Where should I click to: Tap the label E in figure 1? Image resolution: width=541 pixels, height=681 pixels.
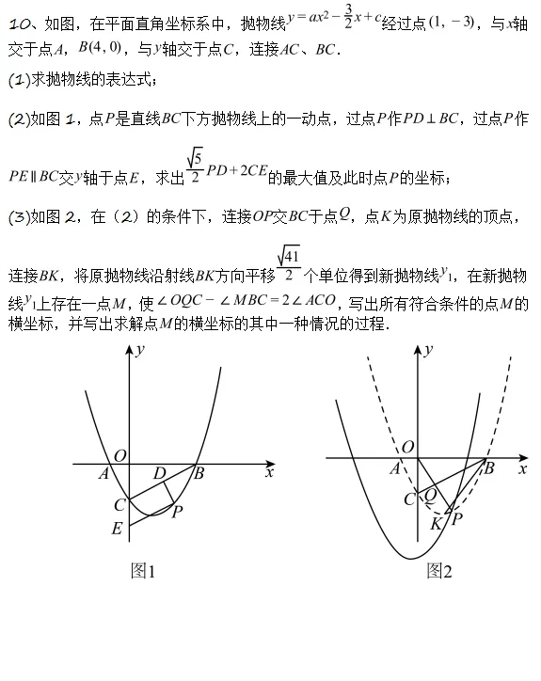[x=117, y=529]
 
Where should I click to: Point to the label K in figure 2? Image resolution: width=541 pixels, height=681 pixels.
[x=436, y=524]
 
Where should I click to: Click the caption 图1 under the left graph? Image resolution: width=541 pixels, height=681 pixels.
[x=143, y=570]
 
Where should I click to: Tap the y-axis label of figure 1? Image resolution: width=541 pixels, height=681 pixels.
[x=139, y=350]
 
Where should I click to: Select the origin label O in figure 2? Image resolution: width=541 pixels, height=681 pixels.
[x=407, y=447]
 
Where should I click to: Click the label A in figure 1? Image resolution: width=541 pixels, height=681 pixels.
[x=103, y=473]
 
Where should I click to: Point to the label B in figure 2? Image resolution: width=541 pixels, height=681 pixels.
[x=489, y=465]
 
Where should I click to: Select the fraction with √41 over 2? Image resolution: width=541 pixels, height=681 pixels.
[x=289, y=264]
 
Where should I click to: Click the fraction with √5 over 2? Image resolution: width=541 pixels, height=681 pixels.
[x=195, y=166]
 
